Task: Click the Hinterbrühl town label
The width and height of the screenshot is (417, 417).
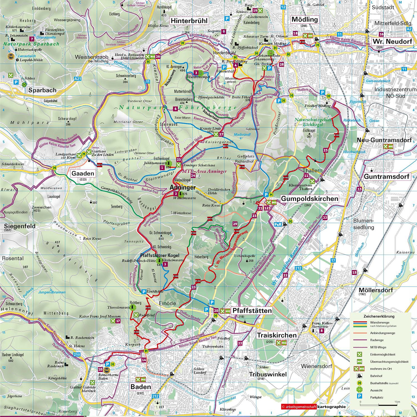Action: tap(189, 21)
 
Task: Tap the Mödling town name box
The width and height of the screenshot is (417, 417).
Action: tap(304, 19)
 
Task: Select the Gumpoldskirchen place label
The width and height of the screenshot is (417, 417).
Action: tap(309, 198)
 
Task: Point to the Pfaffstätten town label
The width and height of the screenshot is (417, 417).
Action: tap(252, 311)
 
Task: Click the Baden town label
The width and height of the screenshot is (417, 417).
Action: tap(141, 387)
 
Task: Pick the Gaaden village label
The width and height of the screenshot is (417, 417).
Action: tap(83, 173)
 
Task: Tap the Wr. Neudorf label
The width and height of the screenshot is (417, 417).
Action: tap(392, 42)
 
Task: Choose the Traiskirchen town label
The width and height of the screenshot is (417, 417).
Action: tap(277, 335)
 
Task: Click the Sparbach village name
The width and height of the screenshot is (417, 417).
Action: tap(42, 90)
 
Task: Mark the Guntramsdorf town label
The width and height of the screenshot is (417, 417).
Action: tap(386, 177)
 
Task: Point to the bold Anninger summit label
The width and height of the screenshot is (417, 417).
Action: tap(183, 187)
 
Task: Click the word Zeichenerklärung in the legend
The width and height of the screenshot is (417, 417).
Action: tap(379, 316)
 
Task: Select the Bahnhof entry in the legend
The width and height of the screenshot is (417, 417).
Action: tap(376, 376)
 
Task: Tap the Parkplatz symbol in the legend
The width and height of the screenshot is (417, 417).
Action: tap(359, 397)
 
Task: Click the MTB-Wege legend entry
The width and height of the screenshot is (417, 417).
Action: tap(378, 347)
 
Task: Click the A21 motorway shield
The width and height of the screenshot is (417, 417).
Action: tap(78, 79)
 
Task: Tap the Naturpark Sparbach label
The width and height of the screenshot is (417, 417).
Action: tap(31, 44)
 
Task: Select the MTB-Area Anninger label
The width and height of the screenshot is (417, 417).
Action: tap(204, 171)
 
